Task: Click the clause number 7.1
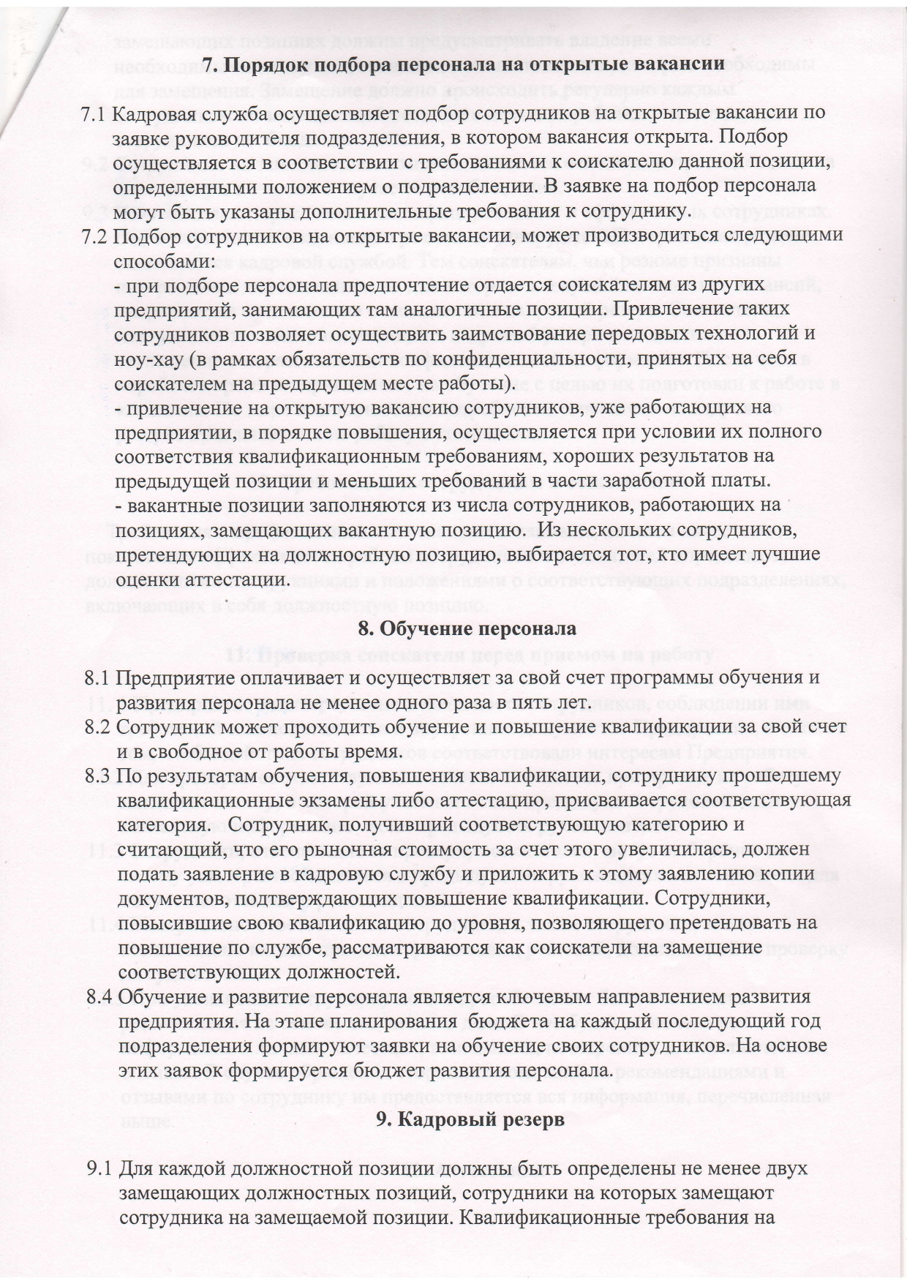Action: (x=95, y=115)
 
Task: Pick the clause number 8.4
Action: (x=99, y=996)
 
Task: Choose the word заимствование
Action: (x=473, y=334)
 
